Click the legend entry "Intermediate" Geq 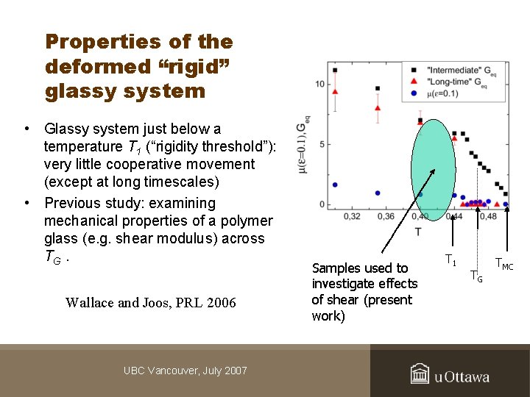click(x=456, y=70)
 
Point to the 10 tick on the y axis click(x=319, y=84)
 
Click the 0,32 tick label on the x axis click(x=352, y=216)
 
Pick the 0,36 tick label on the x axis click(x=386, y=216)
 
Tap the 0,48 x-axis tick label click(x=487, y=216)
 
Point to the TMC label click(x=504, y=262)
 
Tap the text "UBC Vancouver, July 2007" click(x=185, y=371)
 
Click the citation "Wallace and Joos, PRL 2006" click(x=150, y=302)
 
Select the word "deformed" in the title click(x=86, y=67)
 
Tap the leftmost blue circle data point click(x=335, y=185)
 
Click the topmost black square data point click(x=335, y=71)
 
